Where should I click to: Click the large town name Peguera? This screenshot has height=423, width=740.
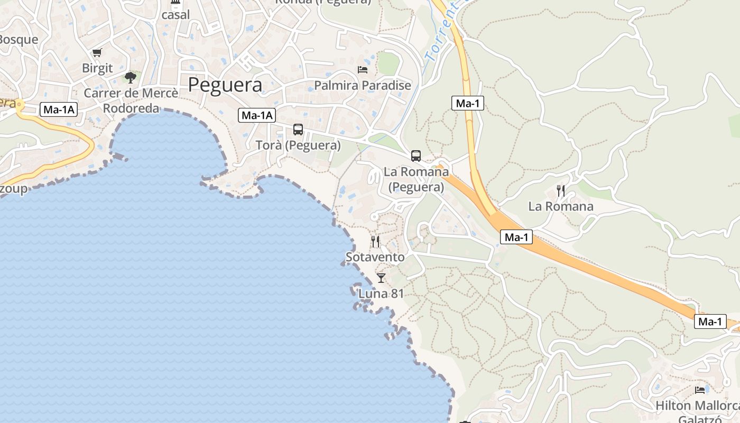(225, 85)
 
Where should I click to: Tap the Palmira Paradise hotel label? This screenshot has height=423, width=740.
(363, 85)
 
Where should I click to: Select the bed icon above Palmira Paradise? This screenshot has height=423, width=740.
(363, 70)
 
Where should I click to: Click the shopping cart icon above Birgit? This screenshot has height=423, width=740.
(97, 53)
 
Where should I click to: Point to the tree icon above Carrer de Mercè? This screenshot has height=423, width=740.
(131, 78)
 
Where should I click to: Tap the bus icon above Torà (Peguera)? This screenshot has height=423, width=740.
(298, 130)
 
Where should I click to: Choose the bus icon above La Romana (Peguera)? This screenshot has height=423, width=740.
(416, 156)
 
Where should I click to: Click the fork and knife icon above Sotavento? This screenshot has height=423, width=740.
(375, 242)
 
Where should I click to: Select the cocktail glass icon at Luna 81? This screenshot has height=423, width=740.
(381, 278)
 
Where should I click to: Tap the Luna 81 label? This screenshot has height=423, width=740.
(381, 293)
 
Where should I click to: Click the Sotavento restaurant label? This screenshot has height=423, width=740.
(375, 258)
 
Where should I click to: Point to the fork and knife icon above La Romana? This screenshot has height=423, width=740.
(561, 191)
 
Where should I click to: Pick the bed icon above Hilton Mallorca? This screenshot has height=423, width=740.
(700, 390)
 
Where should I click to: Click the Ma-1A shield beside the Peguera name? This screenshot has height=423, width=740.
(257, 115)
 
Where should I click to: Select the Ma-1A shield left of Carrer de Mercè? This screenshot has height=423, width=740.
(59, 110)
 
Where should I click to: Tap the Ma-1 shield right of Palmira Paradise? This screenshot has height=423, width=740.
(468, 103)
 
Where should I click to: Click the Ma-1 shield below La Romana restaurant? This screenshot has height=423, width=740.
(516, 237)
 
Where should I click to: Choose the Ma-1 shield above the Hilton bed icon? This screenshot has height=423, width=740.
(710, 321)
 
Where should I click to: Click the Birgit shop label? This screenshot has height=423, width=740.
(97, 68)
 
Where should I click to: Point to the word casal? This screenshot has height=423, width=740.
(175, 15)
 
